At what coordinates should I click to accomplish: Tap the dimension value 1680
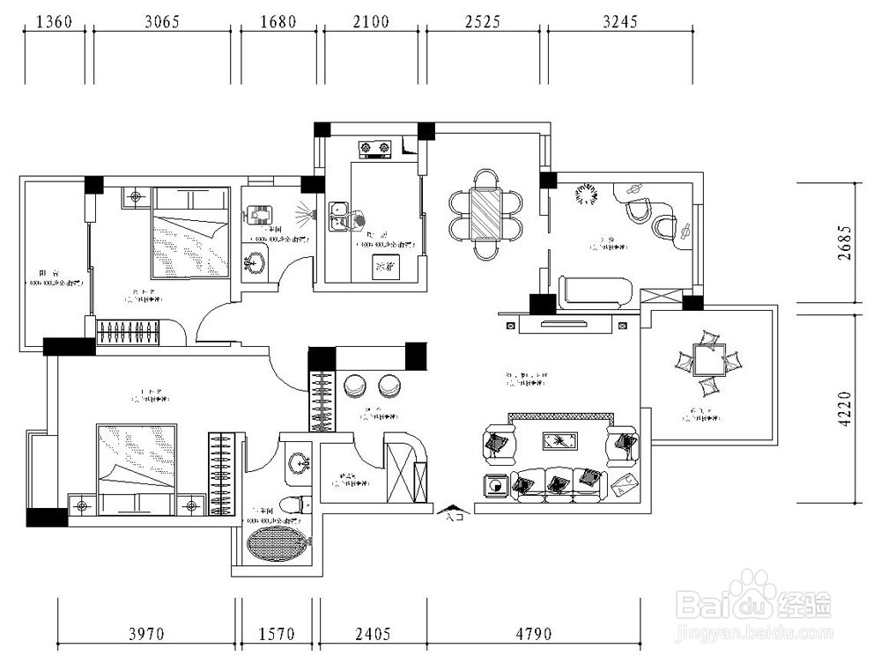click(278, 21)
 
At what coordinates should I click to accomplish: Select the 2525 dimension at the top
click(485, 21)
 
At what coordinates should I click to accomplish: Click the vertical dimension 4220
click(846, 409)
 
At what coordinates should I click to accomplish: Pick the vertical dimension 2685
click(846, 241)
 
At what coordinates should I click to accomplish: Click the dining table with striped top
click(486, 215)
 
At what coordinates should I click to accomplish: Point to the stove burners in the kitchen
click(374, 150)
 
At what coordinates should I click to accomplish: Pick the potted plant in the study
click(585, 194)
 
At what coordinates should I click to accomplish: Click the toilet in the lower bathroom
click(303, 505)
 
